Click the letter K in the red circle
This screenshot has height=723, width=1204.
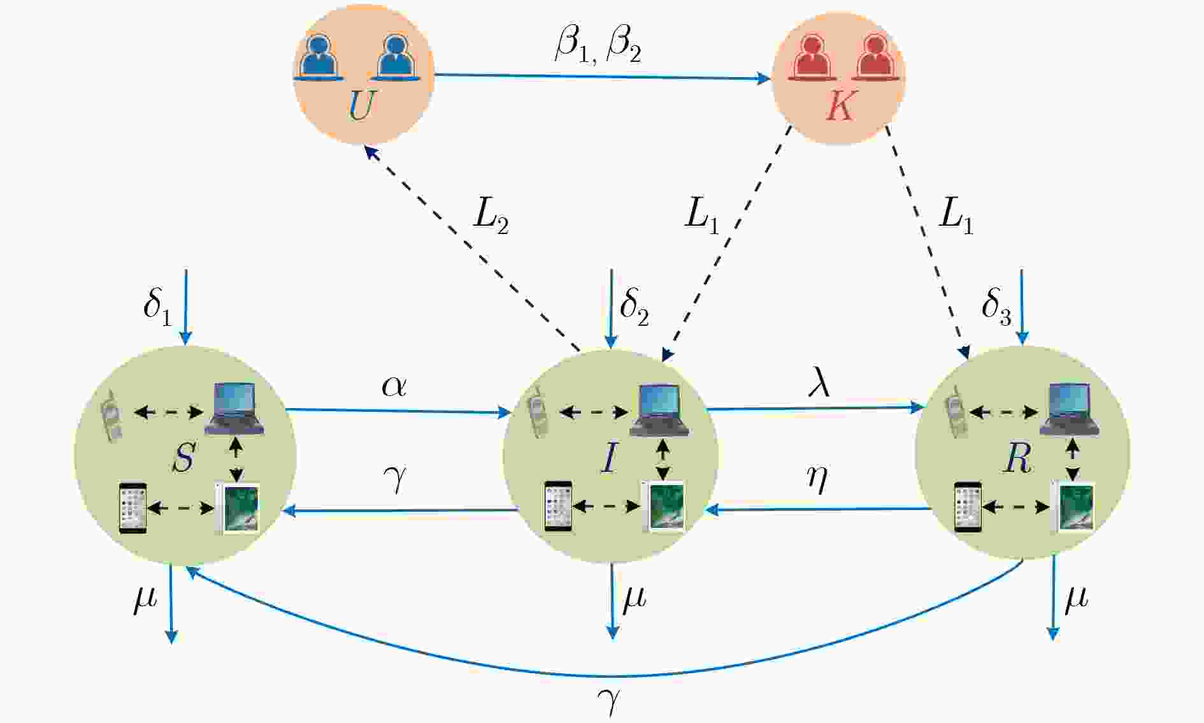click(x=841, y=105)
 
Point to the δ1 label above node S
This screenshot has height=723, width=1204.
click(x=157, y=307)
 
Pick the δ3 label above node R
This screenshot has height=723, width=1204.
click(x=996, y=307)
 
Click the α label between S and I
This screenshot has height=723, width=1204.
click(x=394, y=386)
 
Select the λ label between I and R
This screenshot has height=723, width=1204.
click(x=819, y=383)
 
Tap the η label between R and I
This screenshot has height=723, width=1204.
click(x=817, y=478)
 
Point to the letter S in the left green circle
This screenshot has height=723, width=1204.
click(x=183, y=456)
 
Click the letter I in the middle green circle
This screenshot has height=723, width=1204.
click(x=610, y=456)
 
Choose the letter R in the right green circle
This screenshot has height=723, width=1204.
click(x=1017, y=456)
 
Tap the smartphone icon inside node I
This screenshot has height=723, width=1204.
click(x=559, y=506)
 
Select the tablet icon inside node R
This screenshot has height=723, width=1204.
click(x=1073, y=506)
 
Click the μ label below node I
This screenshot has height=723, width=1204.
click(x=634, y=599)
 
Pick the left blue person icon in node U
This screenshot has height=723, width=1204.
click(x=319, y=57)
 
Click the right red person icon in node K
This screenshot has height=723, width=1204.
click(x=876, y=57)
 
